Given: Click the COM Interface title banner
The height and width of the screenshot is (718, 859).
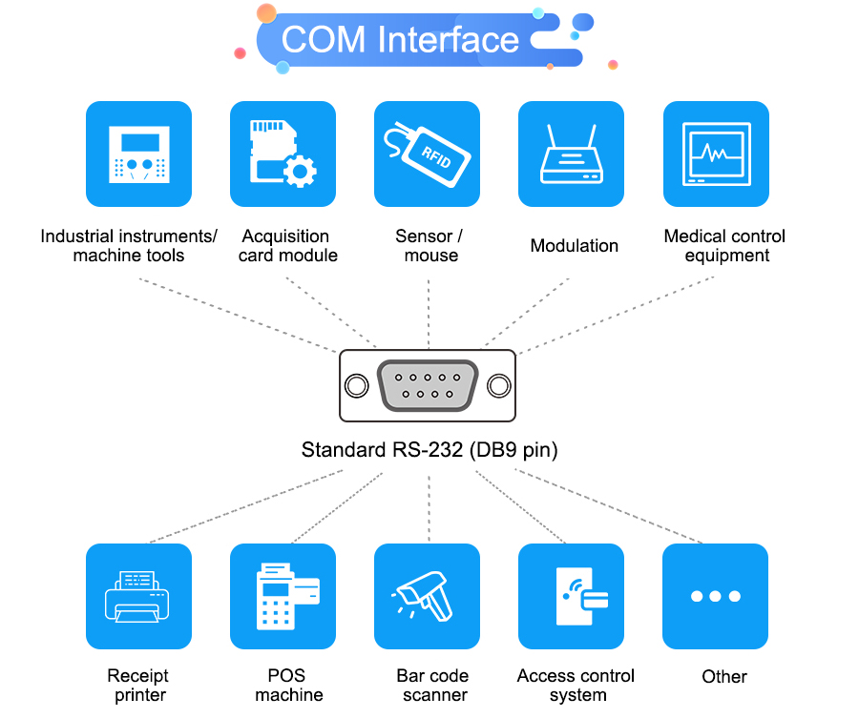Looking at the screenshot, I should (x=401, y=40).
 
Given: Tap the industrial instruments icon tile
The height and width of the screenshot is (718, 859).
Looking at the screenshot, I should (x=138, y=154).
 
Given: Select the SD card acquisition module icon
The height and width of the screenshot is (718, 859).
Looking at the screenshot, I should (x=283, y=154).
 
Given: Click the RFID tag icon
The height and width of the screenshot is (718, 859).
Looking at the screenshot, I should (x=427, y=154).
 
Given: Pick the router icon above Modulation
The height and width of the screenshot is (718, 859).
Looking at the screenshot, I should (x=571, y=154).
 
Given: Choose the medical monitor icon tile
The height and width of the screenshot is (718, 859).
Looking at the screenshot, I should (x=716, y=154).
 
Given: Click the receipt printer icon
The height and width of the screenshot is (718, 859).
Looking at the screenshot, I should (x=138, y=596).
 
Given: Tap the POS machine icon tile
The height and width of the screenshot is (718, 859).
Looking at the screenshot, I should (x=283, y=596).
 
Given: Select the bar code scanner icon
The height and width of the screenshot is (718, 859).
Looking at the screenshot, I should (x=427, y=596).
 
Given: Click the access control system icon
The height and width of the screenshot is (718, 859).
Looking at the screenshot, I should (x=571, y=596).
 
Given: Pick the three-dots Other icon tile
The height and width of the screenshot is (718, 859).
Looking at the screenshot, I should (x=715, y=596).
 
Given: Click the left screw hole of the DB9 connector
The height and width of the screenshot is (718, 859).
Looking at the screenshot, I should (x=356, y=386).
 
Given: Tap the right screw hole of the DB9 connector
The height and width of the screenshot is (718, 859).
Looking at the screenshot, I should (x=498, y=386).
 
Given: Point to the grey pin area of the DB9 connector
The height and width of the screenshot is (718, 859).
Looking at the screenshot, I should (x=427, y=386).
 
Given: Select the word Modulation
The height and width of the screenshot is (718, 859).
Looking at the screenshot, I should (x=574, y=246).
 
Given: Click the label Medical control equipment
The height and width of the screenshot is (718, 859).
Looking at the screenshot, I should (x=724, y=246).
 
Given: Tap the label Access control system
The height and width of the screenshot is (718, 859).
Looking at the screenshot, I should (x=576, y=686).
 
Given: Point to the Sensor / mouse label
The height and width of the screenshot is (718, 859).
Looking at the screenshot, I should (x=429, y=246).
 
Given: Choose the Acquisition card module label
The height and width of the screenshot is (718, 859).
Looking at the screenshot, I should (x=286, y=246).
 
